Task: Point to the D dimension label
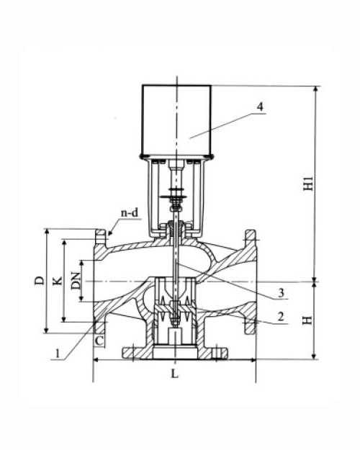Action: point(40,279)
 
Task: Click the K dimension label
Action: point(58,279)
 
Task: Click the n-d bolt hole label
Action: point(129,212)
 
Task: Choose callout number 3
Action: point(283,292)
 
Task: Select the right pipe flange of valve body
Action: point(250,281)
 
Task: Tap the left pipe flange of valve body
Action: point(98,281)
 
